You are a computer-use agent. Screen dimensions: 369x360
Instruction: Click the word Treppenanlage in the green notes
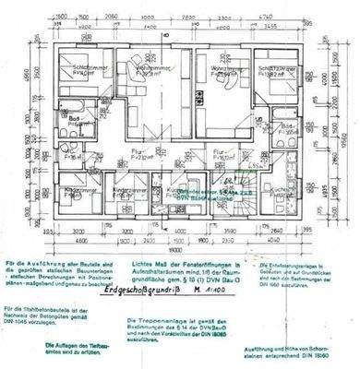click(x=166, y=319)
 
